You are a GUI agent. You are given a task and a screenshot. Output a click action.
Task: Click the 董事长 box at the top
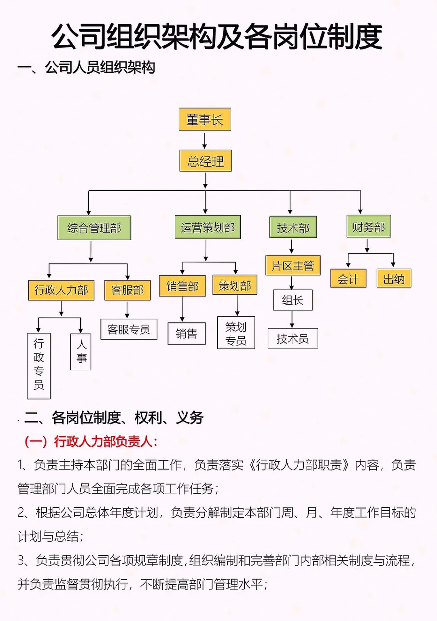coord(205,119)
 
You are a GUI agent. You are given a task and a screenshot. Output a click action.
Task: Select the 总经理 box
coord(206,161)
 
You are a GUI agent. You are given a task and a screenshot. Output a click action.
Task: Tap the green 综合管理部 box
coord(94,228)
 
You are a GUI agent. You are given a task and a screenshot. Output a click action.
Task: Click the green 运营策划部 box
coord(208,227)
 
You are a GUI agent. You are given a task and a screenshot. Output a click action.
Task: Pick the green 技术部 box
coord(293,228)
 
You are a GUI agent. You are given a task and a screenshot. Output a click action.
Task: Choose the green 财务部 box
coord(368,226)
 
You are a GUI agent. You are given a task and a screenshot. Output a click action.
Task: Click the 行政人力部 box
coord(61,290)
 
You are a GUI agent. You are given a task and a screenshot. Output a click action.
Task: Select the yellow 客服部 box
coord(127,290)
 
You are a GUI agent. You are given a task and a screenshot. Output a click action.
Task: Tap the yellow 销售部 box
coord(182,286)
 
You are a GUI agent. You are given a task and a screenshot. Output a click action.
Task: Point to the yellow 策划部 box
coord(235,285)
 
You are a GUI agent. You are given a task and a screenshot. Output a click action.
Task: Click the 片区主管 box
coord(293,266)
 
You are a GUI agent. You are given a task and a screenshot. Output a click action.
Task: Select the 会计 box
coord(348,279)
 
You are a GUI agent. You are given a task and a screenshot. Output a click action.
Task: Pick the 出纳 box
coord(394,279)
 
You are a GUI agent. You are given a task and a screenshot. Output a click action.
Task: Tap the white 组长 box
coord(293,300)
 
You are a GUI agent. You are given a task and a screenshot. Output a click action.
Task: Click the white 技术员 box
coord(293,338)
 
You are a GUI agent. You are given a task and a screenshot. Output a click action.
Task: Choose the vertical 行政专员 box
coord(39,365)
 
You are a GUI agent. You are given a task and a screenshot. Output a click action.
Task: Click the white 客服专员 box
coord(129,330)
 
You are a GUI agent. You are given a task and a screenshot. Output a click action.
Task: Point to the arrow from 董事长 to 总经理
coord(205,140)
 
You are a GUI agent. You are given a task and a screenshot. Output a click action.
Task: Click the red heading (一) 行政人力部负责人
coord(91,441)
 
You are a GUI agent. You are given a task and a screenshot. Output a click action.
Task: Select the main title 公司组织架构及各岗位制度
coord(217,36)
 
